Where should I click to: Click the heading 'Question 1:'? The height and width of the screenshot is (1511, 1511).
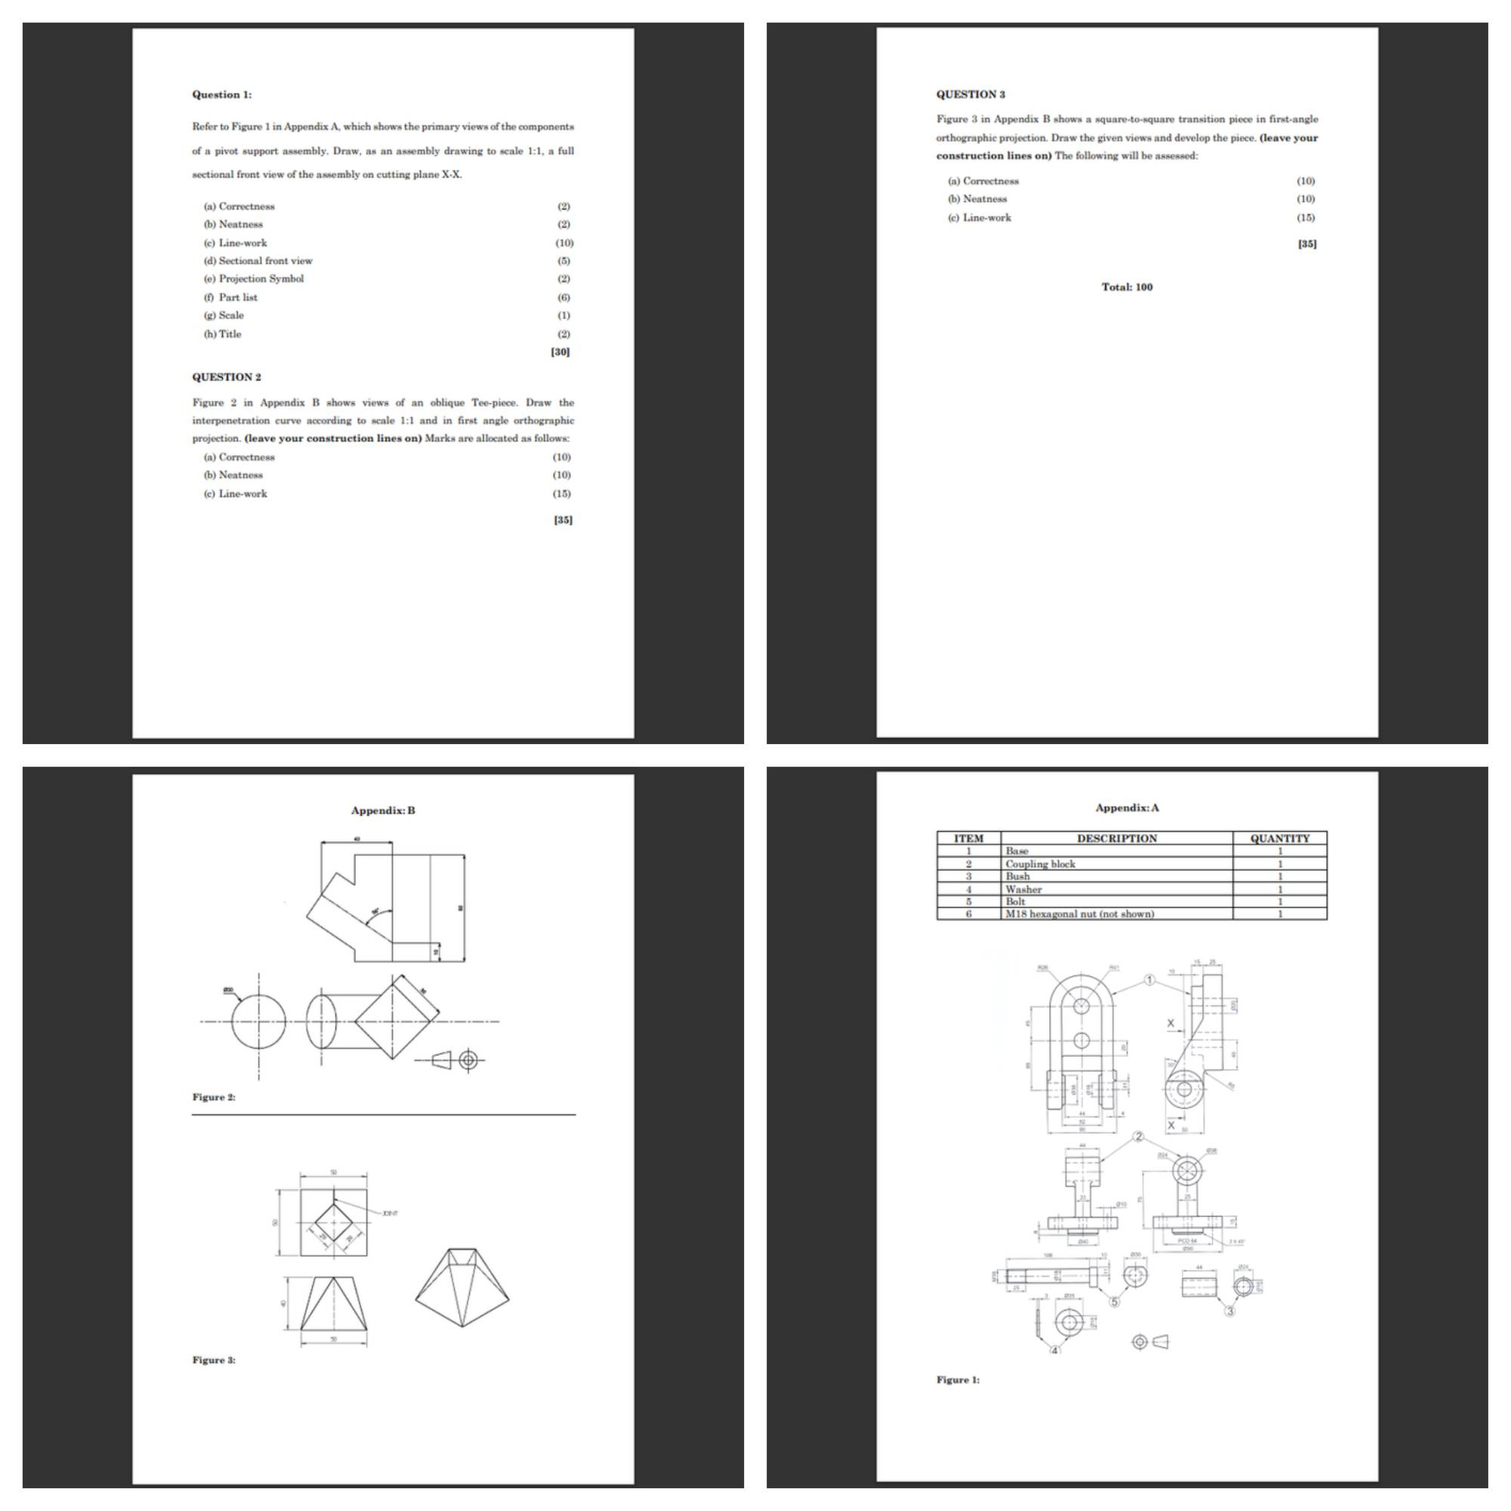[222, 94]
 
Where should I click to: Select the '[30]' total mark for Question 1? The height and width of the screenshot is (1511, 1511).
[560, 352]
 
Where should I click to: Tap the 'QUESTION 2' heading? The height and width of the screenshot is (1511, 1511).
[227, 377]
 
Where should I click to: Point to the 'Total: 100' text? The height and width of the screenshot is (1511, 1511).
[1127, 287]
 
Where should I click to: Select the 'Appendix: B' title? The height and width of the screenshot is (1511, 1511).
[383, 810]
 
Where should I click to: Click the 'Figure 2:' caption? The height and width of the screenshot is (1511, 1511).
[214, 1097]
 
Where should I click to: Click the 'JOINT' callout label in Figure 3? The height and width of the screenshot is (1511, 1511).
[390, 1213]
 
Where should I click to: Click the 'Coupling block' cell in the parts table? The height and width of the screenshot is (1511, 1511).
[1040, 864]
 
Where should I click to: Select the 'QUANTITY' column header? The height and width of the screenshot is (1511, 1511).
[1280, 839]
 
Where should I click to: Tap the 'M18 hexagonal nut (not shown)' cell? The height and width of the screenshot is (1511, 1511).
[1080, 914]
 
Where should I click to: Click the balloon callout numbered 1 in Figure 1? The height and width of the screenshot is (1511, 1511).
[1149, 980]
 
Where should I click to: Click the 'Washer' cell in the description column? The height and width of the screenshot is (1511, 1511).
[1023, 889]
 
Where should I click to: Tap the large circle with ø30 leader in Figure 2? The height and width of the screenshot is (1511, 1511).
[259, 1021]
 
